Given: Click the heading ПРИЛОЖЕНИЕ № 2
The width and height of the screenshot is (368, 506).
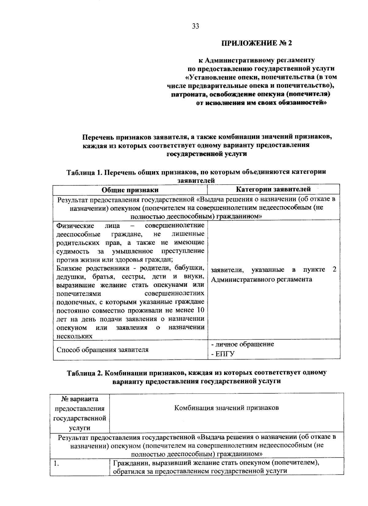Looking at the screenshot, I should [x=257, y=43].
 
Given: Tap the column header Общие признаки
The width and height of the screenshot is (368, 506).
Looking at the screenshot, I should [x=130, y=190].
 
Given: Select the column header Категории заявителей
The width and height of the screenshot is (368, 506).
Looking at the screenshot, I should [x=274, y=189].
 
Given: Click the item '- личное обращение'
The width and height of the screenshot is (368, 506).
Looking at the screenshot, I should [x=242, y=344].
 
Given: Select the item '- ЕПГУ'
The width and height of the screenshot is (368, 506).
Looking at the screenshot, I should [x=223, y=354].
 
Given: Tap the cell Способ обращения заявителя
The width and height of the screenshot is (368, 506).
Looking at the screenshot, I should [x=103, y=350].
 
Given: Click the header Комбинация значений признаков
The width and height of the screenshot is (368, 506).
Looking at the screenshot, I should [x=226, y=408].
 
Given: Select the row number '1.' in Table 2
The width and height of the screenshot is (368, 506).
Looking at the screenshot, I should [x=56, y=463].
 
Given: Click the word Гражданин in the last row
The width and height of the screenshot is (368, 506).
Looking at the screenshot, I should [x=132, y=463].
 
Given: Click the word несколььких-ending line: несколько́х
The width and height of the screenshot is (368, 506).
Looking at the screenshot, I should [x=75, y=336].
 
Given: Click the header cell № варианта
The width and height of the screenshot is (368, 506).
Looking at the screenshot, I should [x=80, y=399].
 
